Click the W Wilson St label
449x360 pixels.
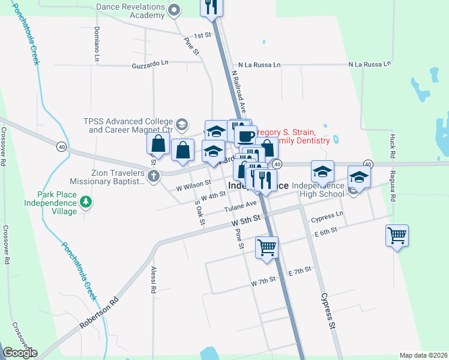point(193,186)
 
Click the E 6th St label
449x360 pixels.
point(326,230)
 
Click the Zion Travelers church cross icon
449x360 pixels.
point(154,176)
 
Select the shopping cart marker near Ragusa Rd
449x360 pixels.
point(397,235)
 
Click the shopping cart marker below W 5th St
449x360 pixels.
point(267,246)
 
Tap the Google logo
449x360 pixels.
point(20,353)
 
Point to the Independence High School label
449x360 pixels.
point(318,190)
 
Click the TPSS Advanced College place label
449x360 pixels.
point(128,125)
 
